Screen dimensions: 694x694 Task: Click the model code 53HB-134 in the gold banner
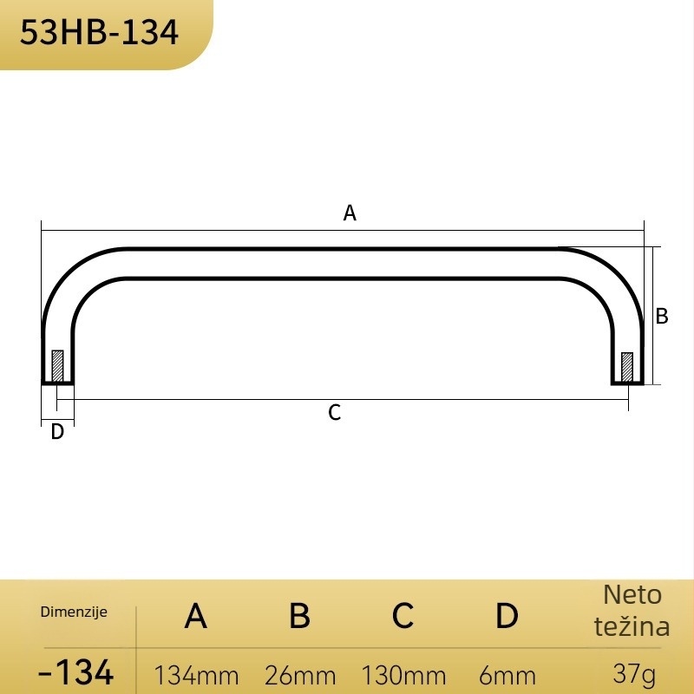point(99,32)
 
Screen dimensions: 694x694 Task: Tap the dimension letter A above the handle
point(350,213)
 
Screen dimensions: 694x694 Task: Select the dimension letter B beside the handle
point(662,316)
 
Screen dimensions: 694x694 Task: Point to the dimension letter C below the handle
point(335,413)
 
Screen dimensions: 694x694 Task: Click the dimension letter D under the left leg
point(57,431)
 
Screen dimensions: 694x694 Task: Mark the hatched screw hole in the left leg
point(57,366)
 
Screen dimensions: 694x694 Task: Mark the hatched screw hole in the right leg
point(626,367)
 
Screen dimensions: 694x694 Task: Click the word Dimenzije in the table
point(74,612)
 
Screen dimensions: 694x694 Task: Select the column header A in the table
point(196,616)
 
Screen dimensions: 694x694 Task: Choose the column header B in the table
point(299,616)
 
